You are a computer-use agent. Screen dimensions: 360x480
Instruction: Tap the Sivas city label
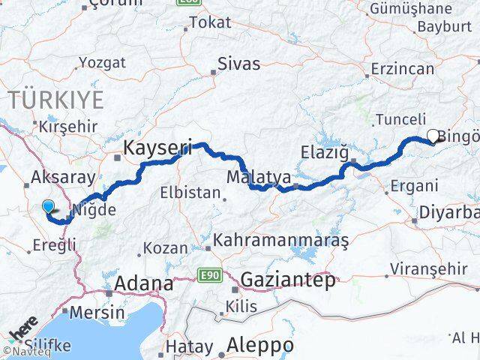click(x=239, y=63)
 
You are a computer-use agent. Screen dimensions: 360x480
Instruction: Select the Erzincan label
click(x=403, y=69)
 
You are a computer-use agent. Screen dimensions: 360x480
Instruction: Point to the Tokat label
click(x=210, y=23)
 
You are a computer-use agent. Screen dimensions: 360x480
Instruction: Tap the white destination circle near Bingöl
click(x=433, y=136)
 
